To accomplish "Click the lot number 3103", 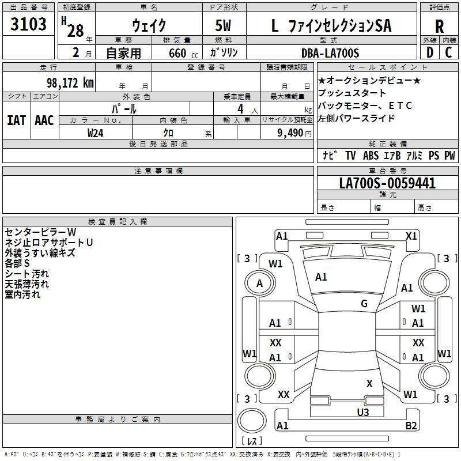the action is [29, 25].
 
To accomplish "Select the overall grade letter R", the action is [439, 26].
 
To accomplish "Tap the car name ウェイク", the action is [149, 26].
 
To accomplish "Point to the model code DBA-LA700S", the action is [330, 53].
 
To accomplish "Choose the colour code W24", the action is [96, 133].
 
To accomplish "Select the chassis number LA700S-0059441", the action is [387, 184].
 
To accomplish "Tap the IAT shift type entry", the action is [16, 120].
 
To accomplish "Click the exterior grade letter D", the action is [429, 53].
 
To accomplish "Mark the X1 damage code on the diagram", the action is [411, 236].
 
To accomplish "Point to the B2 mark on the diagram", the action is [411, 426].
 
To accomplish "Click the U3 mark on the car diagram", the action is [363, 412].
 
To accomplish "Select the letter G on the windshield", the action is [364, 304].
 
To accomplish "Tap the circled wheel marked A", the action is [259, 284].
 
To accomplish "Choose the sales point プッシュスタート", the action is [352, 93].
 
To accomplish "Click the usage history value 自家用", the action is [123, 53].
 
